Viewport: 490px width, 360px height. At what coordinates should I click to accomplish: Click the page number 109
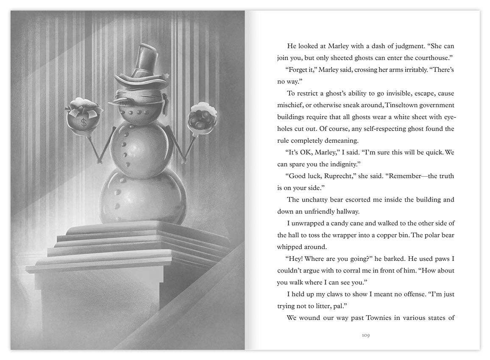coord(366,335)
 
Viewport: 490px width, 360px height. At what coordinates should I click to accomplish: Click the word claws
coord(336,294)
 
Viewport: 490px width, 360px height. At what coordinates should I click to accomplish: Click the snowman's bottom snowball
coord(143,197)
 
